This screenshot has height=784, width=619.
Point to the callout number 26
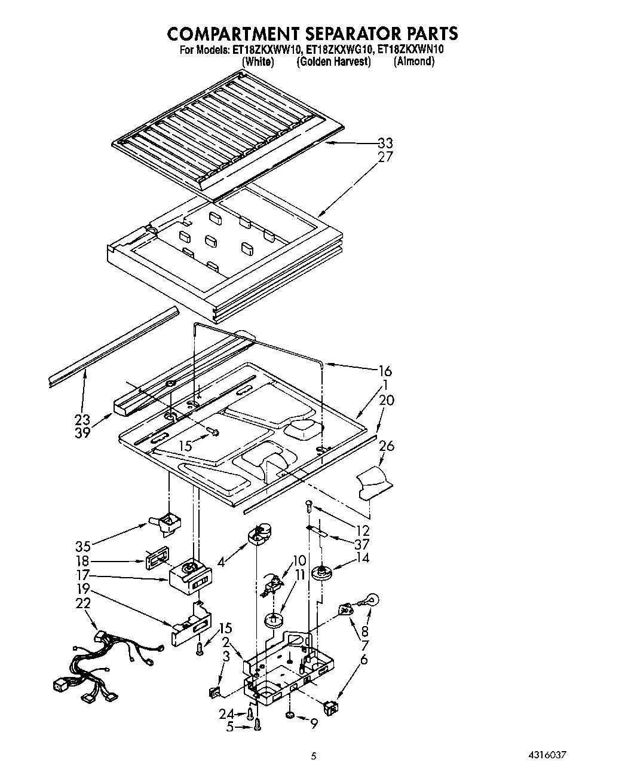point(386,446)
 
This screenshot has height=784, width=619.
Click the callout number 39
point(82,432)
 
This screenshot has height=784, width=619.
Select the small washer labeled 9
point(289,715)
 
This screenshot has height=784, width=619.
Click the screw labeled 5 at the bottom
point(258,725)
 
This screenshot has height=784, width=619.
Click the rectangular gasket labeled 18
point(157,559)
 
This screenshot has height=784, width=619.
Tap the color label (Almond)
point(413,62)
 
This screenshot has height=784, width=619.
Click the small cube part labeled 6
point(330,709)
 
